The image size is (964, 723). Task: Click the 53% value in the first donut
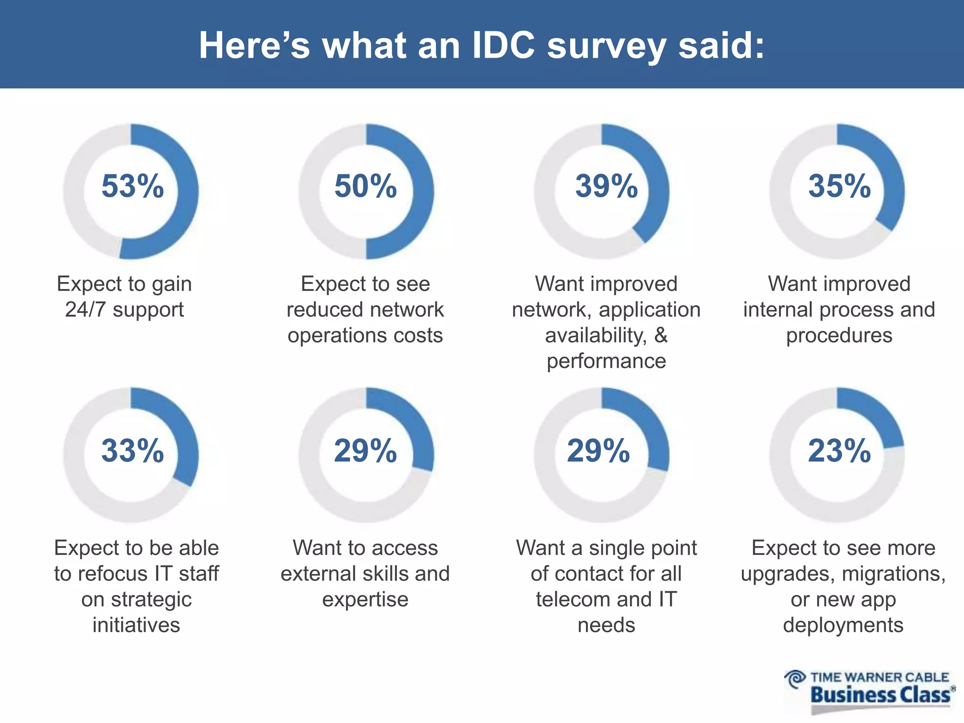(x=132, y=186)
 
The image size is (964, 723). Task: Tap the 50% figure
(x=366, y=186)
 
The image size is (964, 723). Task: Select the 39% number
(x=606, y=186)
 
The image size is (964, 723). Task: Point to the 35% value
(x=840, y=186)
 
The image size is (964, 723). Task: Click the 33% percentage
(x=132, y=451)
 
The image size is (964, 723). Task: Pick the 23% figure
(x=840, y=451)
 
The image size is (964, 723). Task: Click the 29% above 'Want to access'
(x=366, y=451)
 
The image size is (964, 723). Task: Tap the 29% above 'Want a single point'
(x=598, y=451)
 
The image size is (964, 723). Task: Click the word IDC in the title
(x=503, y=46)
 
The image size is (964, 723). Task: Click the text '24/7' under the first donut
(x=85, y=310)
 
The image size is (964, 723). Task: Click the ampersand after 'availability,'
(x=661, y=336)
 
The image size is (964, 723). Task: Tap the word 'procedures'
(x=839, y=336)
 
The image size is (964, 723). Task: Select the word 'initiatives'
(x=136, y=625)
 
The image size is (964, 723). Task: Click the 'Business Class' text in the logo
(x=880, y=695)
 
